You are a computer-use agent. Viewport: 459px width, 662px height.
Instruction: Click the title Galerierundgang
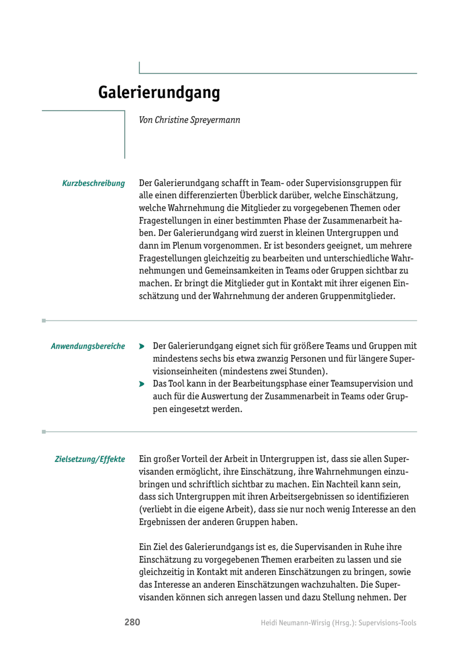(159, 93)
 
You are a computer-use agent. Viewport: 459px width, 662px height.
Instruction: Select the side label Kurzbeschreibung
(93, 183)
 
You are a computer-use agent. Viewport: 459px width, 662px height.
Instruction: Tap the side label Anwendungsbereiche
(88, 346)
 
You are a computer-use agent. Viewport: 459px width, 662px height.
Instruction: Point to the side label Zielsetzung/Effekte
(90, 459)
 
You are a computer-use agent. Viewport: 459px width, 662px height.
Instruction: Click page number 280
(132, 622)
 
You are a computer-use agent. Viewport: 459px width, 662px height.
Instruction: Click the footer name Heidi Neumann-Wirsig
(295, 623)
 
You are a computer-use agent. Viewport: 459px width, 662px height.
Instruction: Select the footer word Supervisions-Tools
(387, 623)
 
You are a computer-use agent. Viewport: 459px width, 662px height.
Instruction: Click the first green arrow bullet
(142, 346)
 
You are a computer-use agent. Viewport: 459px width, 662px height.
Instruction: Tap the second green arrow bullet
(142, 384)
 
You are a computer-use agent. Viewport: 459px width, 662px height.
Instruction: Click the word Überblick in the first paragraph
(257, 195)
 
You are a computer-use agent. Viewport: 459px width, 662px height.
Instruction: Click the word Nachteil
(342, 484)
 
